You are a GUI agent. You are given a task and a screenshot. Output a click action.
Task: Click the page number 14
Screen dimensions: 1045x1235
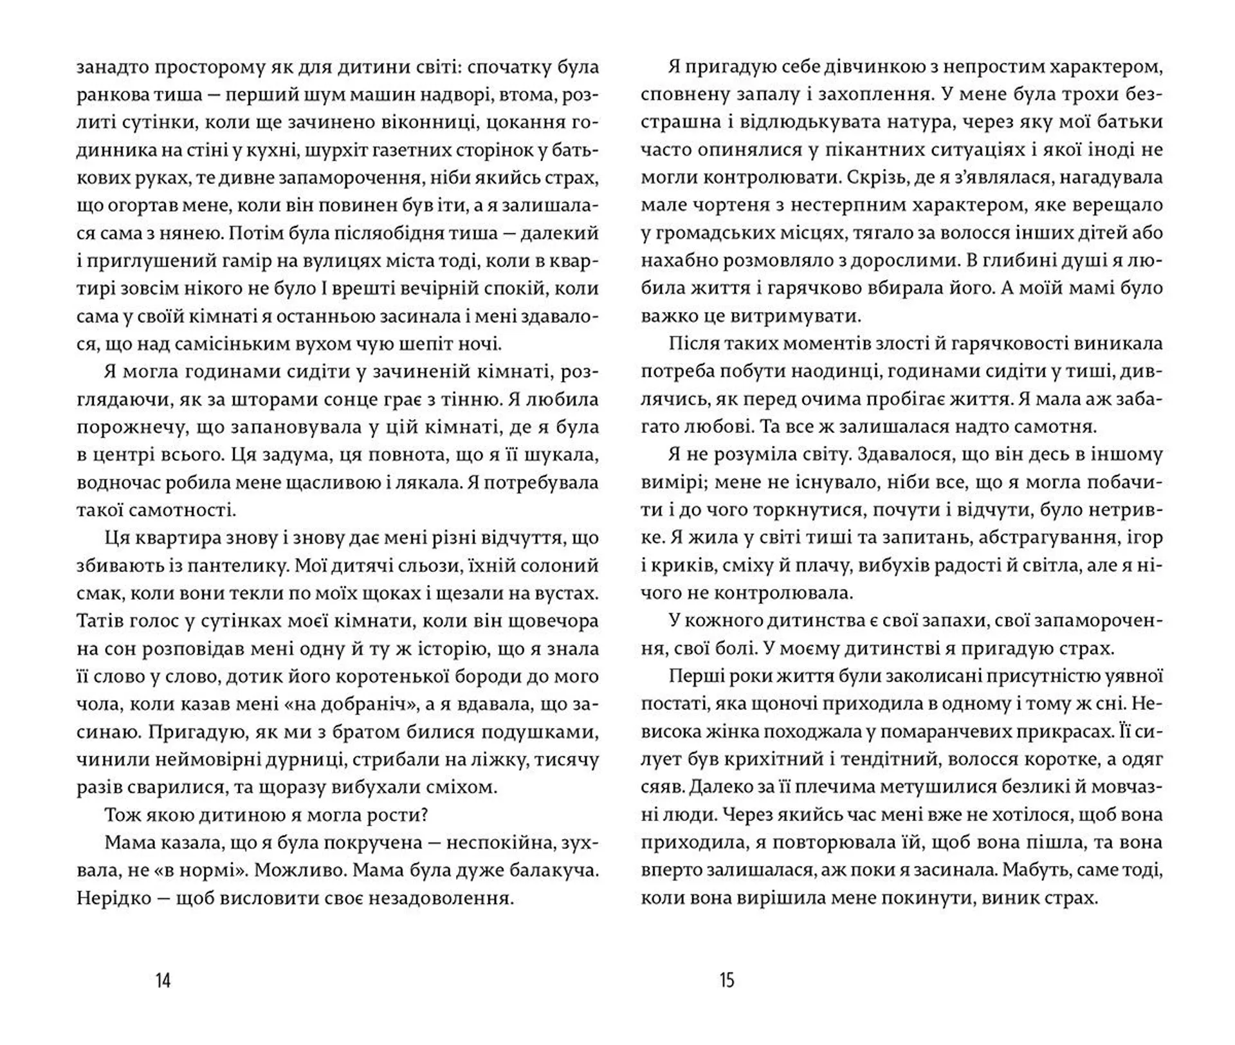click(x=163, y=980)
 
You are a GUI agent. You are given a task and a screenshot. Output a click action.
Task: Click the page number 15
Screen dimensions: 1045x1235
click(x=727, y=980)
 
